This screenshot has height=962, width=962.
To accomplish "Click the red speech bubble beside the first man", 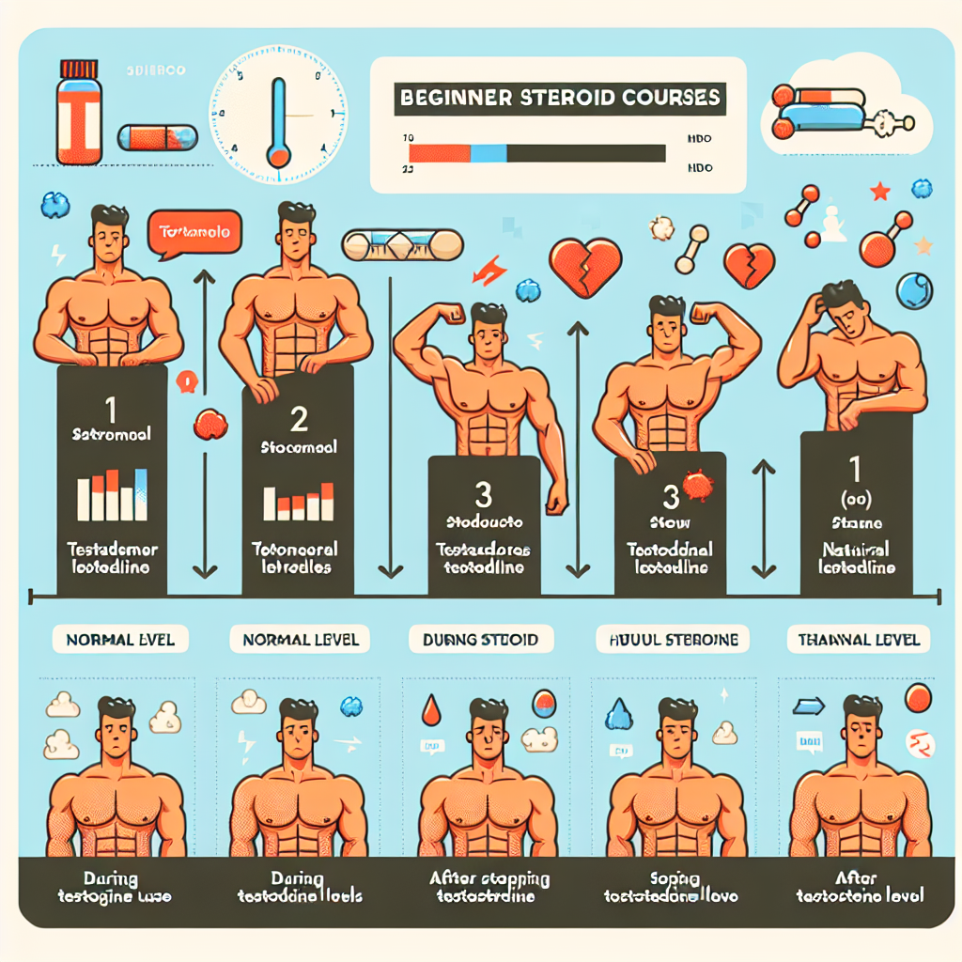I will click(194, 231).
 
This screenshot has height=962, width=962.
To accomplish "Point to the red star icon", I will click(880, 193).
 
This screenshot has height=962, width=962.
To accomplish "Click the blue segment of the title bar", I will click(488, 153).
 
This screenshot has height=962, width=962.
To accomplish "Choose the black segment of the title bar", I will click(585, 153).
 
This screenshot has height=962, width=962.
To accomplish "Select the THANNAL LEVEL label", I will click(859, 641).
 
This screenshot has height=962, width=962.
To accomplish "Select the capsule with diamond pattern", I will click(402, 245).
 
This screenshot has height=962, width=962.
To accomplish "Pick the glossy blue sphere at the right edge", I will click(913, 290).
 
